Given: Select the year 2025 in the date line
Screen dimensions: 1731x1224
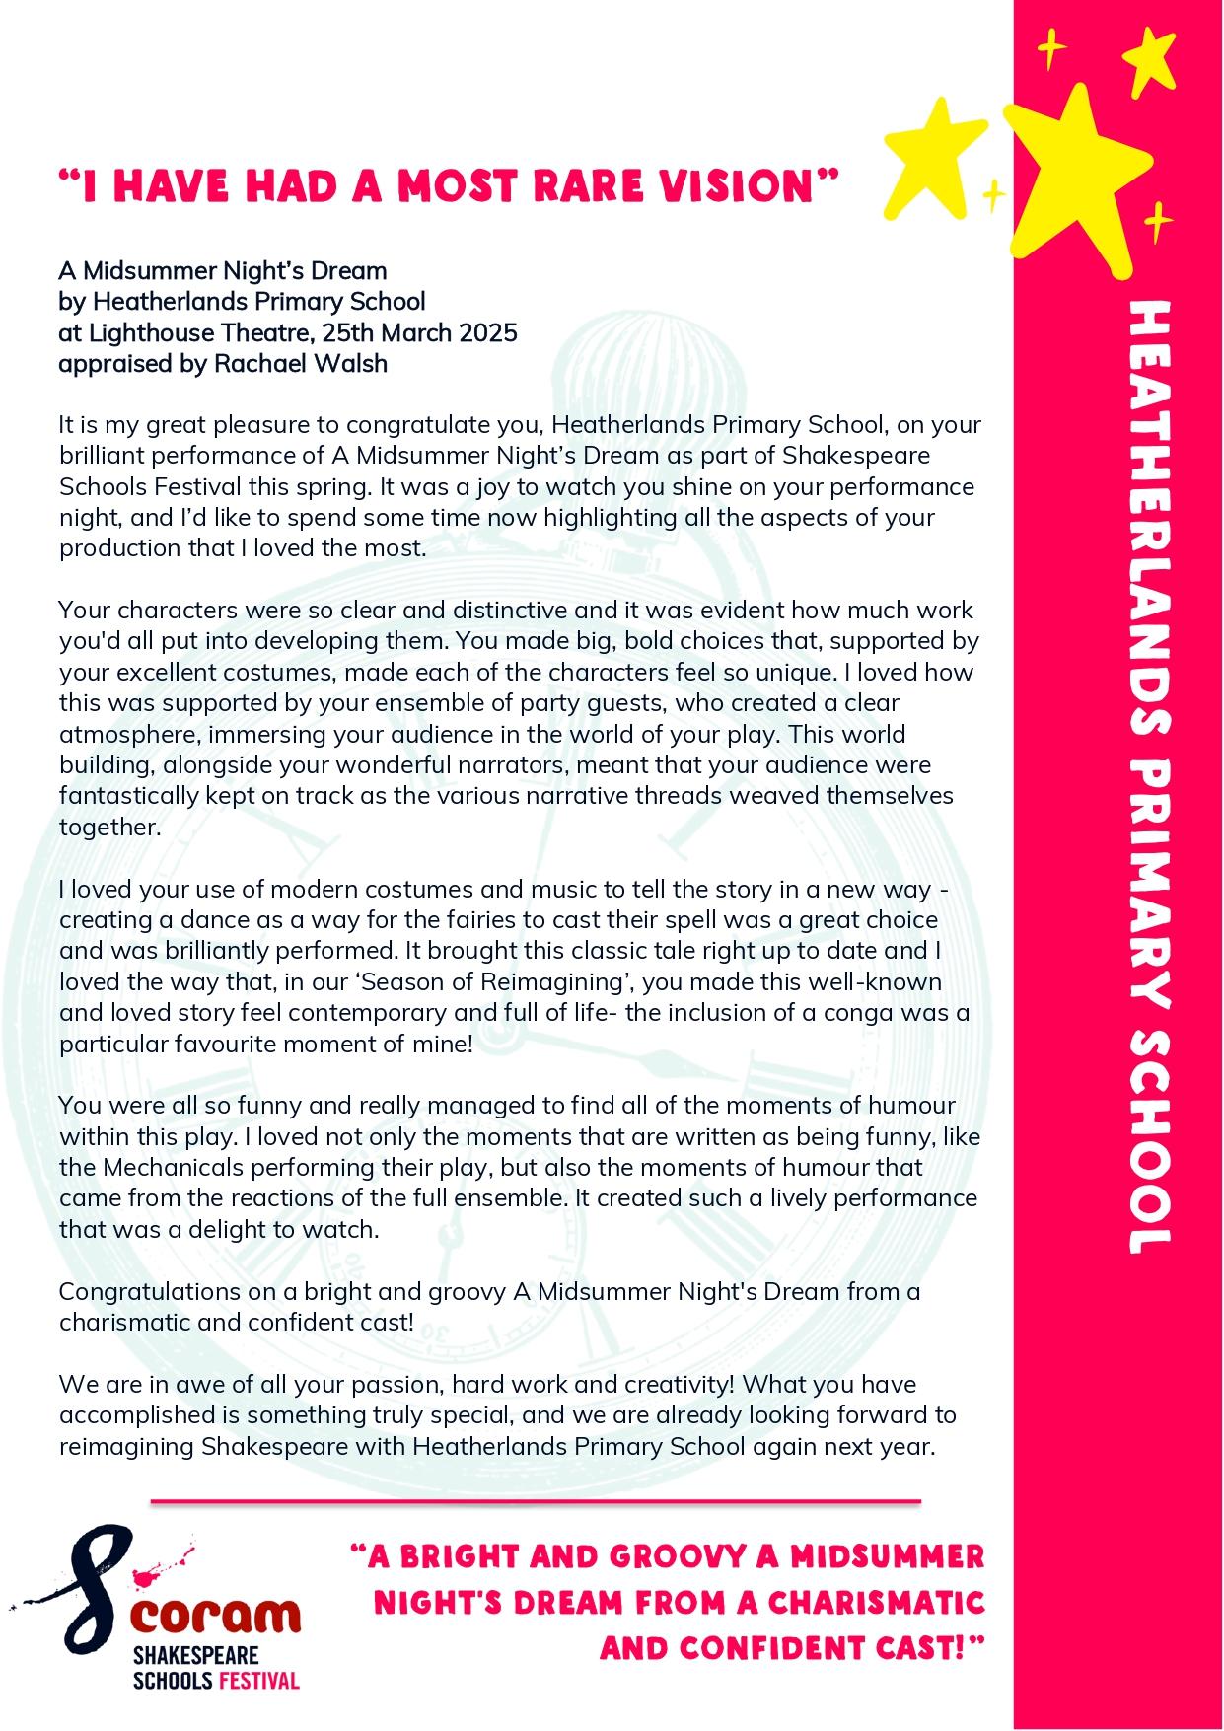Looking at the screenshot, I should coord(484,332).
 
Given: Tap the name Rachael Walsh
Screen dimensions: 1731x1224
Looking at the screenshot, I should coord(301,364).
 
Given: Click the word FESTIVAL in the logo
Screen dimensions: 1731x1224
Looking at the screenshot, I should coord(258,1679).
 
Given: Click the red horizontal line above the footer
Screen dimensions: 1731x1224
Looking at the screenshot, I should coord(536,1502).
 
